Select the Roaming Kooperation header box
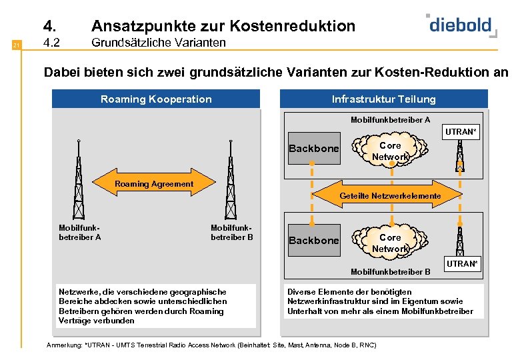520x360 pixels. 156,99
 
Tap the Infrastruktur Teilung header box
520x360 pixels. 384,99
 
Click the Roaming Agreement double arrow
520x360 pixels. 155,184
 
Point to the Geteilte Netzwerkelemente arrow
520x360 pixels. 390,195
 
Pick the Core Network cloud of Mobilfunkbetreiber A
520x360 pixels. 390,151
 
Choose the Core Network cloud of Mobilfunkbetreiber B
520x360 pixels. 390,243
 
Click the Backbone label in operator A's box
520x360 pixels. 314,149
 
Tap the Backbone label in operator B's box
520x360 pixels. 314,241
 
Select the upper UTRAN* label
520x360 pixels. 462,132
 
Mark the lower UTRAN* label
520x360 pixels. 462,264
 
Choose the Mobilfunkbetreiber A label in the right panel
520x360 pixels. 391,120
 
